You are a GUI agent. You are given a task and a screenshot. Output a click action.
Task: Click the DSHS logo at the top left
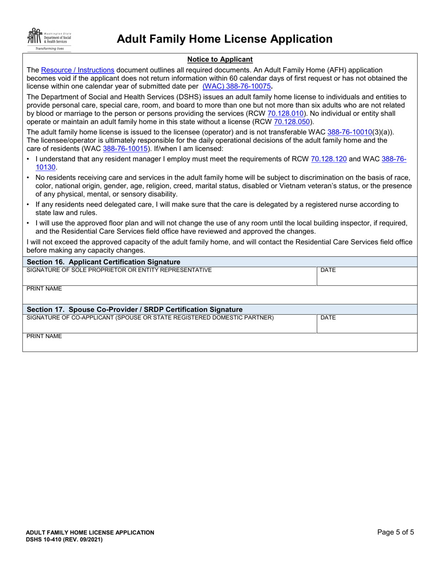coord(49,39)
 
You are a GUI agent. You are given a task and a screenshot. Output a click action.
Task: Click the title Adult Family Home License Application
coord(224,39)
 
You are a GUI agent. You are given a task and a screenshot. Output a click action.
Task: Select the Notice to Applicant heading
coord(220,59)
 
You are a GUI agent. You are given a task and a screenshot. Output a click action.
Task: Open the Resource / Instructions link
coord(77,70)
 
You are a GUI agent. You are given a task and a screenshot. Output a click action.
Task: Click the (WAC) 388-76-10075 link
coord(236,86)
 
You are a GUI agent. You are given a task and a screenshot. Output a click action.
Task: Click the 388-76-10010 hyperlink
coord(349,132)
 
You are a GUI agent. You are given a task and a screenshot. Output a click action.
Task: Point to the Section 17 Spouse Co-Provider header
coord(135,309)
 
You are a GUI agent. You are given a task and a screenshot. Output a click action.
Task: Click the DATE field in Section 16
coord(366,276)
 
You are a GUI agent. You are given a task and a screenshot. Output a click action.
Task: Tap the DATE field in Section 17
coord(366,324)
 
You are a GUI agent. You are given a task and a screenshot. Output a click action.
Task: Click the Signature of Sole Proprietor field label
coord(119,270)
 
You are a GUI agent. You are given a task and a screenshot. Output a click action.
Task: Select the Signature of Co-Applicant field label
coord(150,317)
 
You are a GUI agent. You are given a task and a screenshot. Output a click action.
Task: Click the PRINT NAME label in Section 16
coord(44,289)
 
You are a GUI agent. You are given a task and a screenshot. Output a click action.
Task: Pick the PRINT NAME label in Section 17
coord(44,336)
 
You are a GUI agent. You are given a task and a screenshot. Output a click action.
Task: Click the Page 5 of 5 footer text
coord(396,532)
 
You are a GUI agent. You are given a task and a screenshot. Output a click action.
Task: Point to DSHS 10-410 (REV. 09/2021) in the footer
coord(64,540)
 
